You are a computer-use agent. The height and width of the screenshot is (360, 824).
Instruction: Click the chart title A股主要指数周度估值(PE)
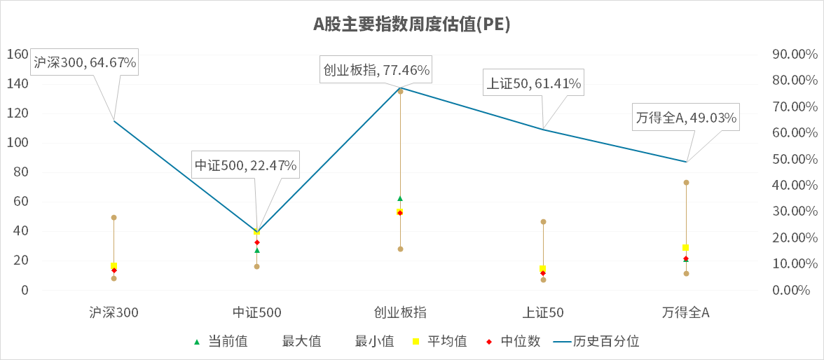point(411,25)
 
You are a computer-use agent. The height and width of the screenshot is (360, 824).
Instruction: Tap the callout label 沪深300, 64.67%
point(85,63)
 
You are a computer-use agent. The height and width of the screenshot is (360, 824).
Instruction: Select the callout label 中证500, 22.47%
point(245,166)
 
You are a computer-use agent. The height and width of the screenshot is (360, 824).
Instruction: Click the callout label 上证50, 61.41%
point(533,84)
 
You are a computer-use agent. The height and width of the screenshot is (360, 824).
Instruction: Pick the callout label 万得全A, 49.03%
point(686,118)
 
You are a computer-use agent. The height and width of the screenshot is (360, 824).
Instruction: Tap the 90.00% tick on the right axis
point(794,55)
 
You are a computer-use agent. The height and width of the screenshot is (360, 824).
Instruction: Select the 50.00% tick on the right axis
point(794,159)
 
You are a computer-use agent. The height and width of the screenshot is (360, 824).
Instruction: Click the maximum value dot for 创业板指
point(400,91)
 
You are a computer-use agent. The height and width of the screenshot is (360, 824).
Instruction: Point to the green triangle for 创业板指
point(400,199)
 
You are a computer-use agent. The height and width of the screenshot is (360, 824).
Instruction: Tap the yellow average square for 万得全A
point(686,248)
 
